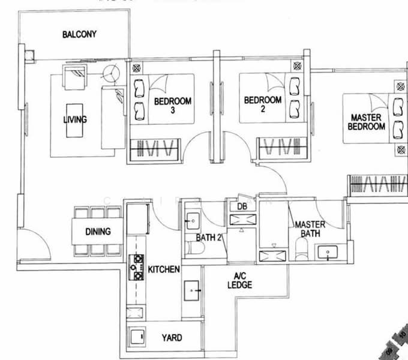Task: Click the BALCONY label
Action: coord(79,34)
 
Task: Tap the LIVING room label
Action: coord(75,119)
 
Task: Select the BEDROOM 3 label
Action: coord(172,106)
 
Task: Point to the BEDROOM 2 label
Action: coord(263,104)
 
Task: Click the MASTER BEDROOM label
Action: coord(368,122)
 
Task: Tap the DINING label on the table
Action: coord(97,231)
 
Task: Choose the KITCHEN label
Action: coord(164,269)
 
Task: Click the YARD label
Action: coord(172,338)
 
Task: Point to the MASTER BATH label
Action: coord(310,229)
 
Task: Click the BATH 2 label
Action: coord(209,238)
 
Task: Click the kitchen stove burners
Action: coord(136,268)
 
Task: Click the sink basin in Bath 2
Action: coord(194,221)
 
